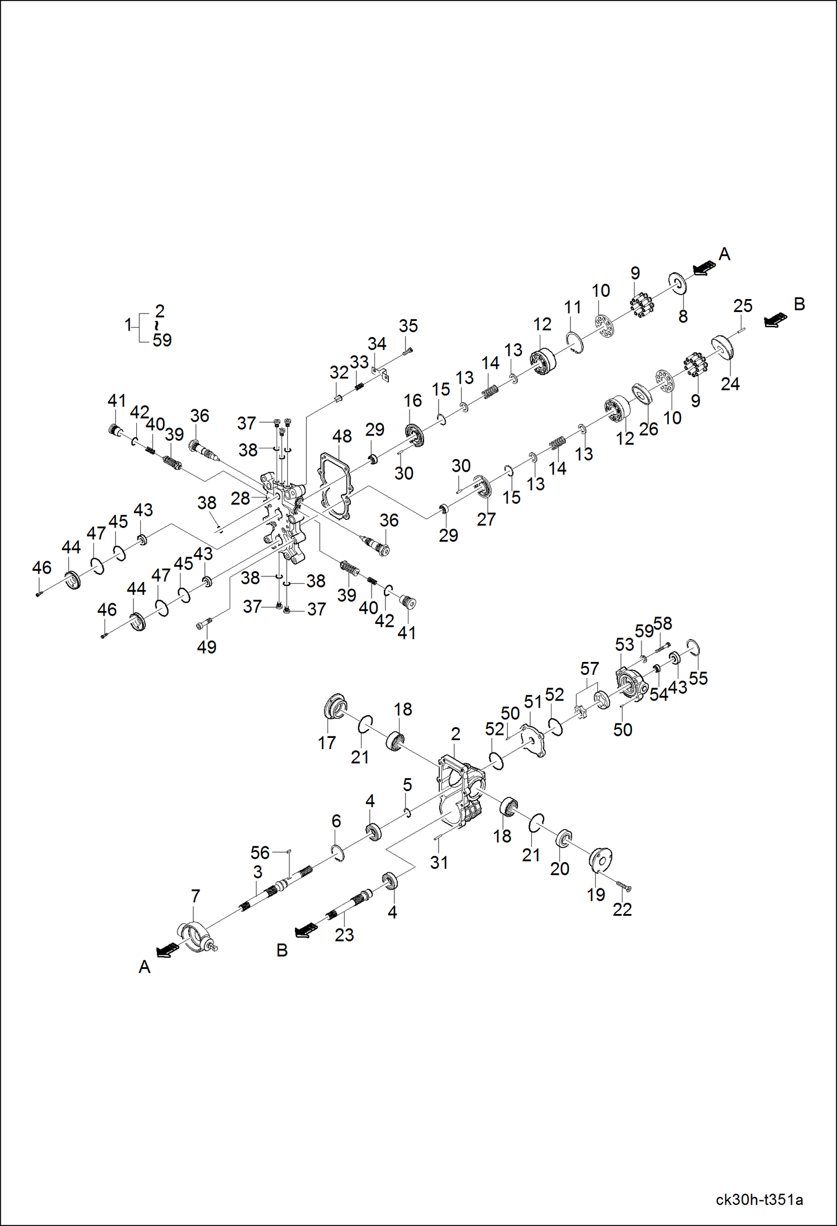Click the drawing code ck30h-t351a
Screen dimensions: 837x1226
coord(759,1199)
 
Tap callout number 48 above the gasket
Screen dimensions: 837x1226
coord(342,436)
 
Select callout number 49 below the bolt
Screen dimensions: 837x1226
coord(207,647)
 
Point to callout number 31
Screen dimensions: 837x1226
coord(439,863)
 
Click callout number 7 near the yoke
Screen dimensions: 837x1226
coord(195,896)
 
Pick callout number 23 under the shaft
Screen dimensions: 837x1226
coord(344,935)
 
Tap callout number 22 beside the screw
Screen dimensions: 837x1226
coord(622,910)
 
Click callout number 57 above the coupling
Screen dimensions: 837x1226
coord(589,669)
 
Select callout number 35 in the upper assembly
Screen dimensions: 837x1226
coord(408,326)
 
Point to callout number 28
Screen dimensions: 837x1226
coord(240,499)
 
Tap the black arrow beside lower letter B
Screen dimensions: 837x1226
coord(306,930)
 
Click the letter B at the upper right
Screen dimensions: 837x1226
coord(800,304)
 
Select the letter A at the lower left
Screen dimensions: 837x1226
coord(145,967)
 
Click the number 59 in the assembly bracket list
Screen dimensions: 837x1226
coord(162,340)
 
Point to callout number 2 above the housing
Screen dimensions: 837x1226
coord(456,734)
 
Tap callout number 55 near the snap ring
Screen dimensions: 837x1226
coord(698,678)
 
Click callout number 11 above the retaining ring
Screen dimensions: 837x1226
coord(573,307)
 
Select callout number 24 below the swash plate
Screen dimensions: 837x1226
coord(730,384)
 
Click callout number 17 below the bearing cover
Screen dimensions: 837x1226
coord(327,743)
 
